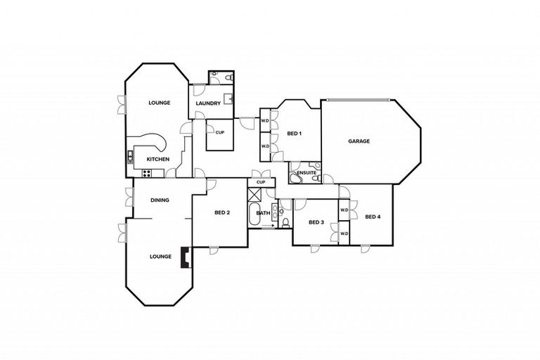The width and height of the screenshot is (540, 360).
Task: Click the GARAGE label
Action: [x=359, y=141]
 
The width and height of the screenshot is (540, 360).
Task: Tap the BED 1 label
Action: [x=294, y=134]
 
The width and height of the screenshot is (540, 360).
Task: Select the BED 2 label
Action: [x=222, y=212]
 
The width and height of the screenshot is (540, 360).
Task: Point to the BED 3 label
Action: [x=317, y=222]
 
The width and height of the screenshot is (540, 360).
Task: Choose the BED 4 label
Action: [x=373, y=216]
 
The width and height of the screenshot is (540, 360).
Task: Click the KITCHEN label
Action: [x=157, y=160]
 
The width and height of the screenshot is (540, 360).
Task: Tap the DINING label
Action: [x=160, y=200]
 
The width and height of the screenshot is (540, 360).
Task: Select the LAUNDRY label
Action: [x=208, y=104]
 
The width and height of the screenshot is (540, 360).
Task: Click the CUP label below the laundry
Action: [x=220, y=132]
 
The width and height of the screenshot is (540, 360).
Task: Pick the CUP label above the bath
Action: [x=261, y=182]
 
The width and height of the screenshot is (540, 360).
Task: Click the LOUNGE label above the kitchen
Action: [x=160, y=103]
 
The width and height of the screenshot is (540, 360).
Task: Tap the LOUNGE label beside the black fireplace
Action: [x=160, y=257]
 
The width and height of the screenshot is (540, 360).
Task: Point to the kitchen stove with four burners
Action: [x=130, y=155]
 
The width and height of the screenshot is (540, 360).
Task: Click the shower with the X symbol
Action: [x=255, y=195]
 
